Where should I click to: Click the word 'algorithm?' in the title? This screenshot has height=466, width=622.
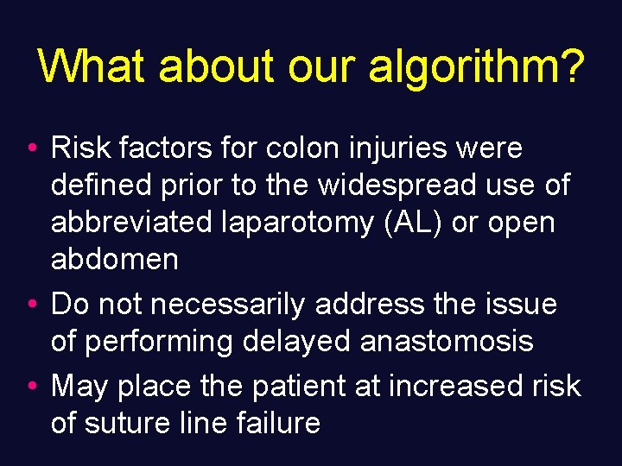(x=476, y=66)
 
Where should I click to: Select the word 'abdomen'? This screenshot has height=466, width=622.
(x=115, y=259)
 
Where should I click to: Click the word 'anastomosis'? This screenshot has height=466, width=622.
(x=447, y=342)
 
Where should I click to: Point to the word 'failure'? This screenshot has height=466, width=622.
(x=277, y=423)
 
